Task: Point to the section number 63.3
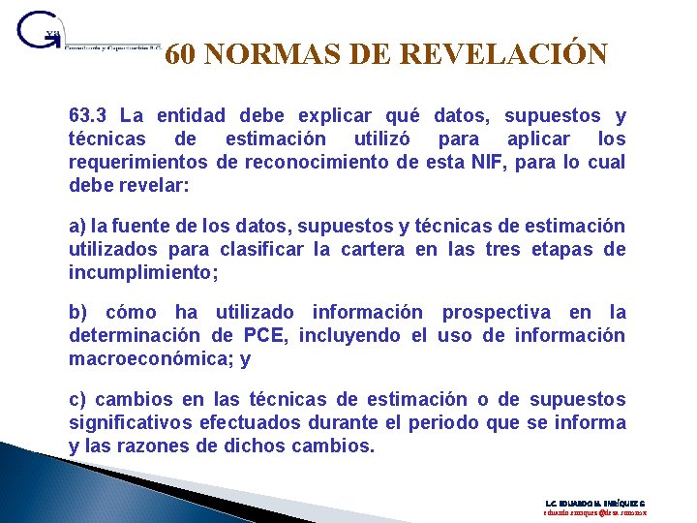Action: click(x=91, y=116)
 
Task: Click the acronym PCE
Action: click(x=264, y=335)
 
